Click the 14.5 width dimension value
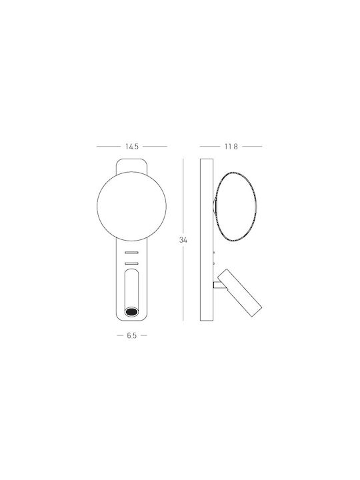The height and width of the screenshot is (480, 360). click(x=132, y=147)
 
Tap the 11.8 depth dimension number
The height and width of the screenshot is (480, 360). click(x=231, y=147)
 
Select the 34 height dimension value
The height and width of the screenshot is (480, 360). click(x=183, y=240)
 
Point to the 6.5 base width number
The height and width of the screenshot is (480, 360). click(x=131, y=335)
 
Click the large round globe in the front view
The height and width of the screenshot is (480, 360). click(x=97, y=206)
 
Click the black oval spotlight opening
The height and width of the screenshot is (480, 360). click(x=131, y=311)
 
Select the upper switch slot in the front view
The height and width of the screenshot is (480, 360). click(x=131, y=253)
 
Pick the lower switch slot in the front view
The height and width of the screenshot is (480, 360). click(x=131, y=263)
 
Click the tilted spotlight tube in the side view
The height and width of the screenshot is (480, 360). click(x=239, y=293)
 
